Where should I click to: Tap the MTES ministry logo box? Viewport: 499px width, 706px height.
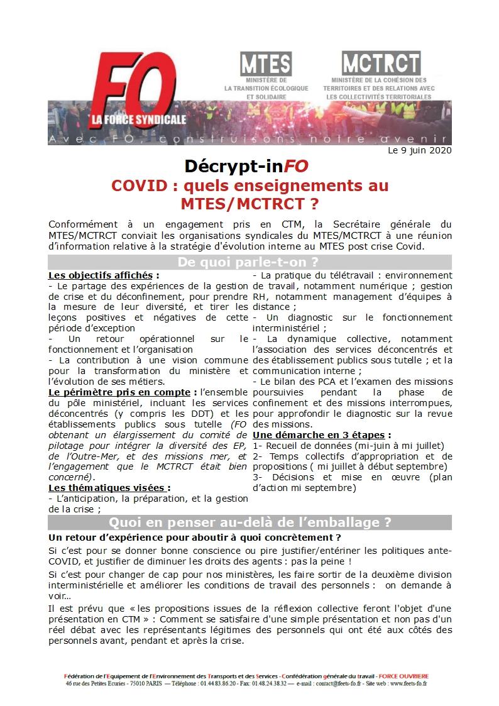[266, 63]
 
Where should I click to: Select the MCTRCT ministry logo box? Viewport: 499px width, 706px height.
[381, 63]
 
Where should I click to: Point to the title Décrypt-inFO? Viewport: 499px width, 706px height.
[246, 167]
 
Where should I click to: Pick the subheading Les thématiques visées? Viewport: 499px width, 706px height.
[109, 487]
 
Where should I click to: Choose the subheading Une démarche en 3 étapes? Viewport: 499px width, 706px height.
[322, 435]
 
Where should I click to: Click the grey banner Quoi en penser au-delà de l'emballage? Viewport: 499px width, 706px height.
[249, 522]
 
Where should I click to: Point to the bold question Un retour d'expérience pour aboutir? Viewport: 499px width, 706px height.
[194, 538]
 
